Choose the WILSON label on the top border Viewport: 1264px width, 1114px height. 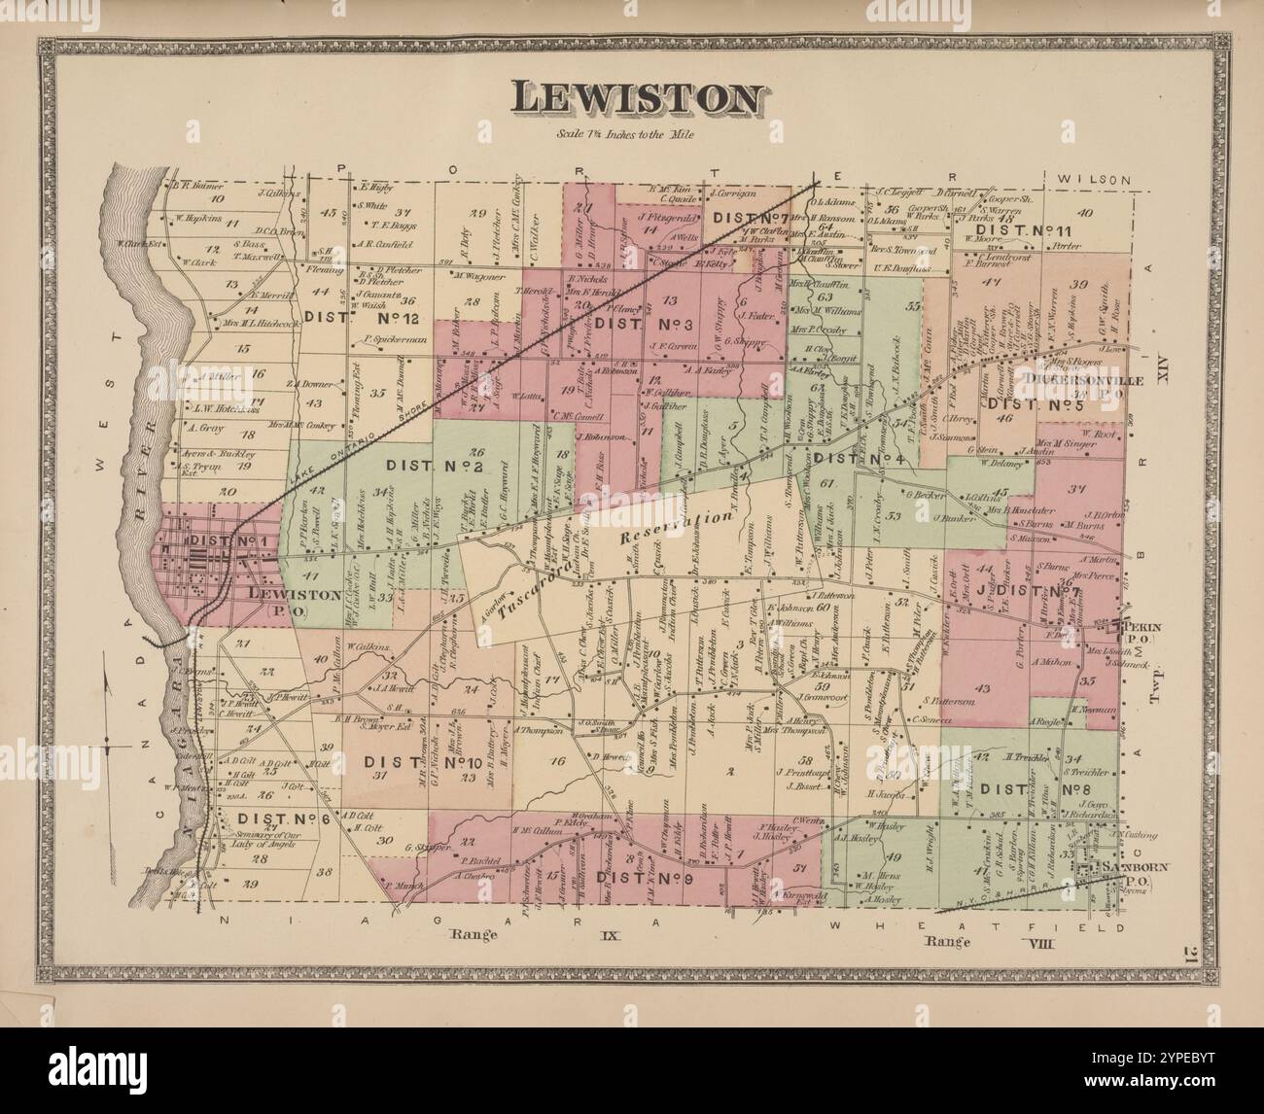pyautogui.click(x=1094, y=180)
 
